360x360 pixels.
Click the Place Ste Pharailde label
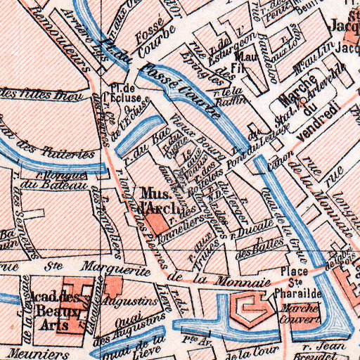point(295,279)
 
